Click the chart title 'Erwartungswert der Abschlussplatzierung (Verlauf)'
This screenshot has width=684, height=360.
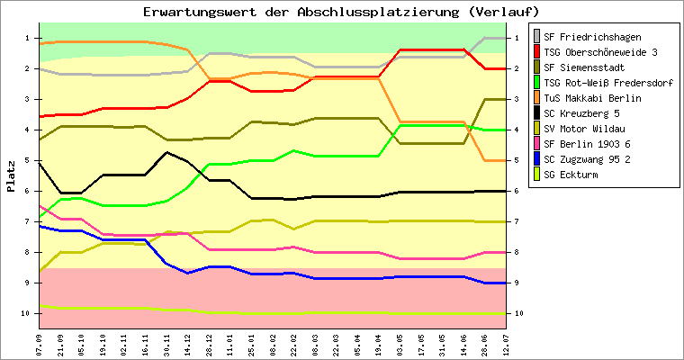point(342,12)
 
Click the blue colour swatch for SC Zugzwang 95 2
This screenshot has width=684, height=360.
point(538,159)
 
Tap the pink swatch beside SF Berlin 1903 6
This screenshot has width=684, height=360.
point(538,144)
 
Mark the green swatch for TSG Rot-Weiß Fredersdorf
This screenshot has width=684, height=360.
point(538,83)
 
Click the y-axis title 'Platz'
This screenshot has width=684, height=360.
point(12,176)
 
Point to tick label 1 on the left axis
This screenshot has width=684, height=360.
point(28,38)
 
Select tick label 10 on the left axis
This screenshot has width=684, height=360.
point(26,313)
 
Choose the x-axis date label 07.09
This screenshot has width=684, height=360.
point(39,343)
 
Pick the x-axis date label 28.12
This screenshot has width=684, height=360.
point(210,343)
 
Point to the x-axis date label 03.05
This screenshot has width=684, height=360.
point(400,343)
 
